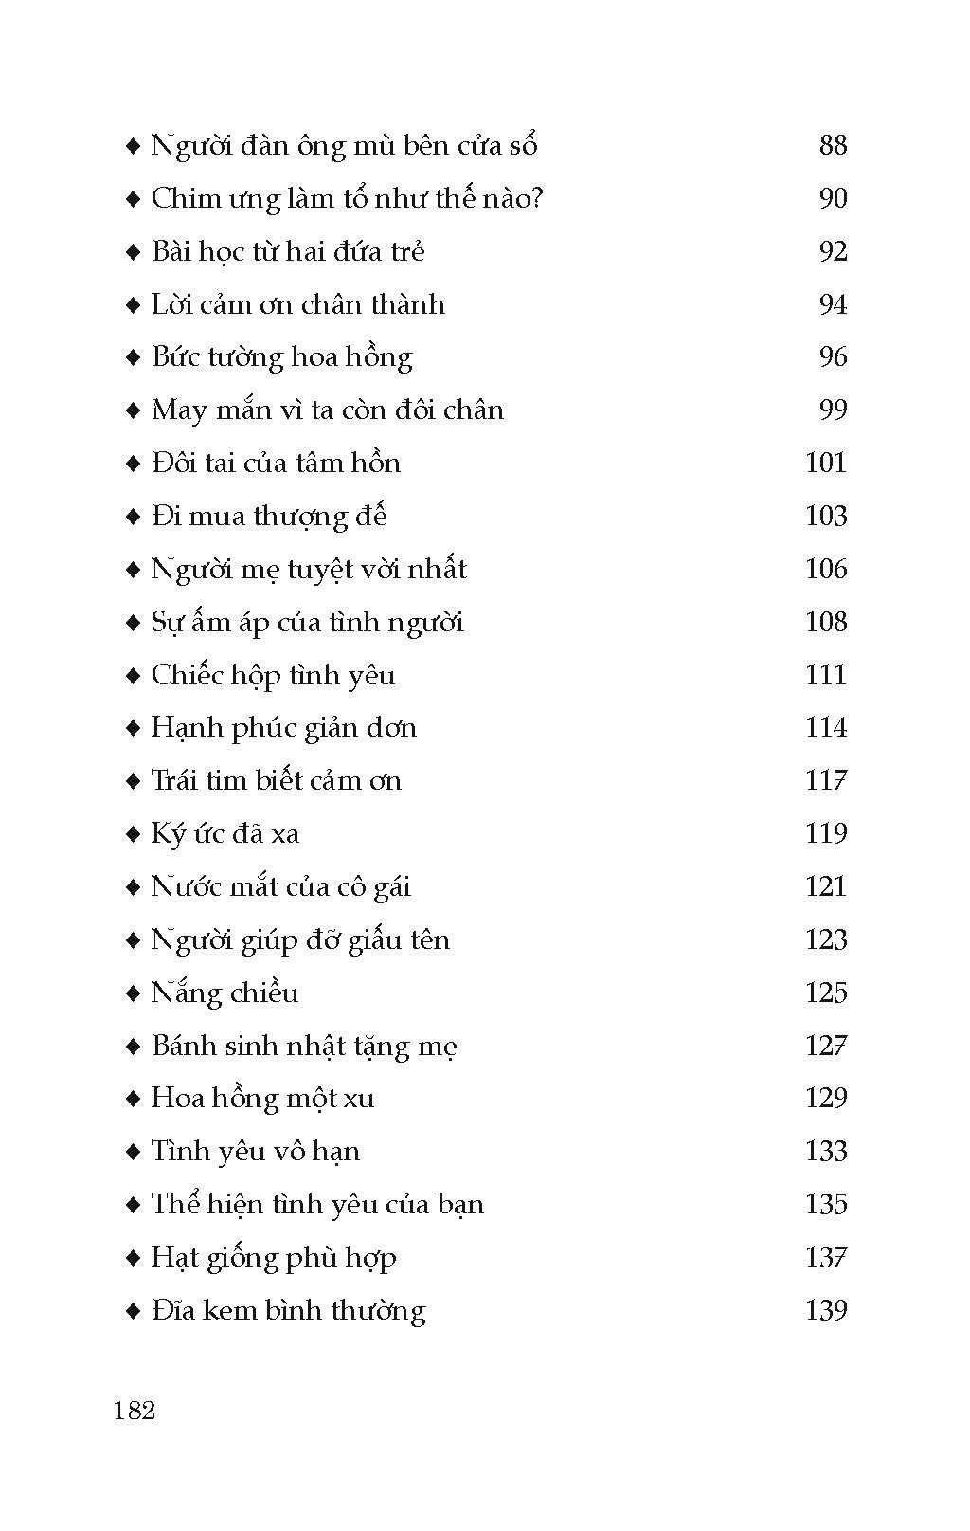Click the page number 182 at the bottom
134,1410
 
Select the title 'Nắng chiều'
225,993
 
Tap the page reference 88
833,145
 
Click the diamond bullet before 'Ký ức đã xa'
133,835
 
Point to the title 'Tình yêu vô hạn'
256,1152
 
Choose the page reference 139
825,1310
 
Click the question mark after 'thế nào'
536,198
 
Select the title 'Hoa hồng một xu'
262,1099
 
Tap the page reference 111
825,675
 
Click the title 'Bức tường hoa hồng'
281,357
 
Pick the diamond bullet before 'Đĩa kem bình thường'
133,1312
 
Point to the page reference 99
833,410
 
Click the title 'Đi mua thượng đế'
269,517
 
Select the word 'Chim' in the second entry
182,199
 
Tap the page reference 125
825,993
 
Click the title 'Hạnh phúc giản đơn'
283,728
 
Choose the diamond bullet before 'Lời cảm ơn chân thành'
133,306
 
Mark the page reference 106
825,569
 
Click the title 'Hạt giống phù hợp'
274,1258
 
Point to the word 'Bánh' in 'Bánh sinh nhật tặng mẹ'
183,1046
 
